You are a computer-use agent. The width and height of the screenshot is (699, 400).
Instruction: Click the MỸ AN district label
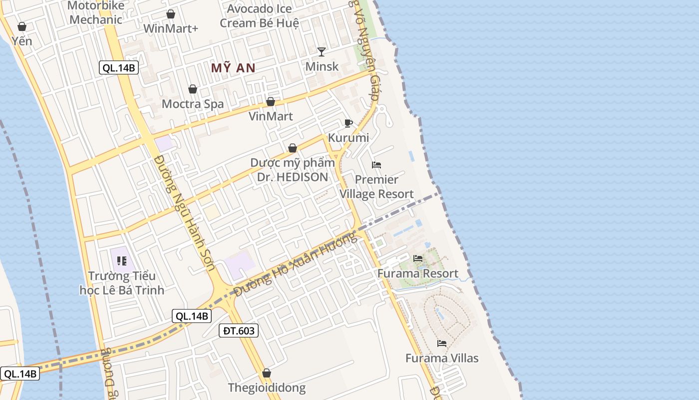233,68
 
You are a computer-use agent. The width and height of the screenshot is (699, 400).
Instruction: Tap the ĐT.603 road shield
239,330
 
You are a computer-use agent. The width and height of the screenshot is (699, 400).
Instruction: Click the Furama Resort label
417,273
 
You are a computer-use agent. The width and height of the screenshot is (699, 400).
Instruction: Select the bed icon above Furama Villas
442,343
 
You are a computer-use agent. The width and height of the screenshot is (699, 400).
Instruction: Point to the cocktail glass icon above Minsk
322,51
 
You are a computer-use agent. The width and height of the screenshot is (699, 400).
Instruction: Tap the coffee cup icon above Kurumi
349,123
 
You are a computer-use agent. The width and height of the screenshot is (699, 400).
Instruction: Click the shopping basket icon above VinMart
271,102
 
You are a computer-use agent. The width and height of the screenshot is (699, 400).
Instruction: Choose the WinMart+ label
171,28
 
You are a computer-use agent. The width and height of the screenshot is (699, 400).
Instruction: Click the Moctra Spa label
193,104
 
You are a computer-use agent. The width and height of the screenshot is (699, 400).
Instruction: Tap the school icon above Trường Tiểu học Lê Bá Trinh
122,261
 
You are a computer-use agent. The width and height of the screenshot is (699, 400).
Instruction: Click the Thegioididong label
267,387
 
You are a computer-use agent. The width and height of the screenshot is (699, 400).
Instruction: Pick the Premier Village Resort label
376,186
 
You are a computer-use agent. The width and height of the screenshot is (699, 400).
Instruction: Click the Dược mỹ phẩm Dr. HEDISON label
293,170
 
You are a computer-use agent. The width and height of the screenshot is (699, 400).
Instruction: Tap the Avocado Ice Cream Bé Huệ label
260,16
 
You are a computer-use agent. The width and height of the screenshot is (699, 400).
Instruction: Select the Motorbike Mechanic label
95,12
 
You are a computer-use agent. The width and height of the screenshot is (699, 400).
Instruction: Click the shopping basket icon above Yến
22,26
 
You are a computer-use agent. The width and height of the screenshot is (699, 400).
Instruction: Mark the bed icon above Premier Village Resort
376,165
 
